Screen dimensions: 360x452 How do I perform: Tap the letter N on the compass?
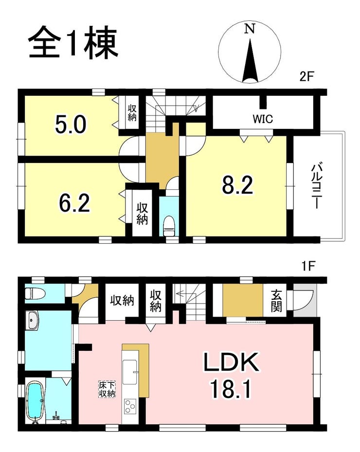[x=250, y=29]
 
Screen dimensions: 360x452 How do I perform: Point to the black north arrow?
[x=250, y=61]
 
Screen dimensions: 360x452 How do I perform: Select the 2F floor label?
[x=306, y=77]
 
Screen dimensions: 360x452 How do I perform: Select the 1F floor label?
[x=308, y=266]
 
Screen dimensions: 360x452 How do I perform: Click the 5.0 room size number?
[x=71, y=125]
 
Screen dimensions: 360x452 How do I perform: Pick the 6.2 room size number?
[x=74, y=203]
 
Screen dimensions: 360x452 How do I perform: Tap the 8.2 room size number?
[x=238, y=185]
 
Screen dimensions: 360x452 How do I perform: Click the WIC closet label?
[x=263, y=119]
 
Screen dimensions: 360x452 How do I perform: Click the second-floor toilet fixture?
[x=169, y=226]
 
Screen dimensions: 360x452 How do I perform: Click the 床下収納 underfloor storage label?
[x=107, y=389]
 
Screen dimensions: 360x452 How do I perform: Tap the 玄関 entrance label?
[x=276, y=301]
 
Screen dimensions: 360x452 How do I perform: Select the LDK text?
[x=231, y=363]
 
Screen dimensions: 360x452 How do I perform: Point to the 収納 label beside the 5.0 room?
[x=132, y=113]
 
